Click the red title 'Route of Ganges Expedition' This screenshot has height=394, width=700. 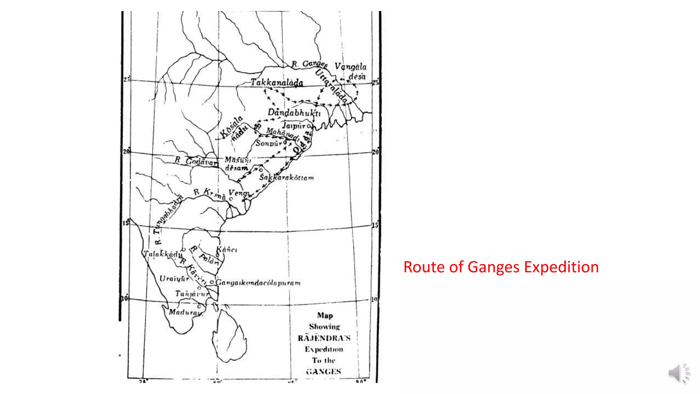(501, 267)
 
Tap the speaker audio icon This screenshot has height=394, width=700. (679, 373)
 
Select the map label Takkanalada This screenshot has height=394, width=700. (277, 82)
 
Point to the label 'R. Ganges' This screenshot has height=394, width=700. (309, 64)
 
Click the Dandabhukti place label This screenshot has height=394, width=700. (294, 113)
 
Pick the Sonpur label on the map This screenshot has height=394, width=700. (269, 143)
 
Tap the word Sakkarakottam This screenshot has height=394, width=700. (286, 178)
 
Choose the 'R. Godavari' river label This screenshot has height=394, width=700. (196, 161)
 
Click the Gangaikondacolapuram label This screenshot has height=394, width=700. (258, 283)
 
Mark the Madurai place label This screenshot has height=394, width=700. (185, 312)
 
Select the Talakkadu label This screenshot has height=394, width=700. (163, 254)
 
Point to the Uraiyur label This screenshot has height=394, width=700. (174, 279)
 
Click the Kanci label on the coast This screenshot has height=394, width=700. (227, 250)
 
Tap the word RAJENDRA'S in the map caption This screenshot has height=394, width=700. (324, 338)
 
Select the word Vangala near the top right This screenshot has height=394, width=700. (350, 66)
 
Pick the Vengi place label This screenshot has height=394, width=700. (239, 193)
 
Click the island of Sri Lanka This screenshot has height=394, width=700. (229, 335)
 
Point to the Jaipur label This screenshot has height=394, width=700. (294, 126)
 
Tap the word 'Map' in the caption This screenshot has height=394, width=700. (325, 315)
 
